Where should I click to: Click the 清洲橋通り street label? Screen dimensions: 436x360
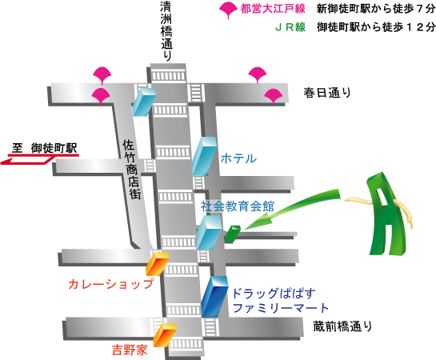(166, 31)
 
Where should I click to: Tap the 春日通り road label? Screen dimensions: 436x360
(327, 93)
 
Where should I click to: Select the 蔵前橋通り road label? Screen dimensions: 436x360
(342, 326)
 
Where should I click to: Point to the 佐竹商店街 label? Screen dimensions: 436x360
(132, 170)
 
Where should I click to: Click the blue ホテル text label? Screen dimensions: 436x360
(238, 158)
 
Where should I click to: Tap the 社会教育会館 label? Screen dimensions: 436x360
(238, 206)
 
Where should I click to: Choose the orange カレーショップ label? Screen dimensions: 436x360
(111, 284)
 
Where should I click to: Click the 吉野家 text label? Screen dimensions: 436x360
(130, 350)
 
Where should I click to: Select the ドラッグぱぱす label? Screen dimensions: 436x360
(274, 294)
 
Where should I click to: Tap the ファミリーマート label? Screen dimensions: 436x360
(280, 308)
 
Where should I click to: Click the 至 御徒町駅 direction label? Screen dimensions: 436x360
(45, 148)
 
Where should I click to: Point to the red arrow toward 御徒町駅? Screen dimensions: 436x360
(40, 159)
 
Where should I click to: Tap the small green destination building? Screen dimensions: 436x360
(232, 234)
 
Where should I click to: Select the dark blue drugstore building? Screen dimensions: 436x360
(214, 296)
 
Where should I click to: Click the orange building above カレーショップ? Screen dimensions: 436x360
(158, 263)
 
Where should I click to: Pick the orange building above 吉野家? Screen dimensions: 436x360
(165, 335)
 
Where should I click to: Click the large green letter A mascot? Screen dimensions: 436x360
(385, 214)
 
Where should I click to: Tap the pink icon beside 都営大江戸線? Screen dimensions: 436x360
(228, 10)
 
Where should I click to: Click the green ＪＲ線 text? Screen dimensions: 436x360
(290, 27)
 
